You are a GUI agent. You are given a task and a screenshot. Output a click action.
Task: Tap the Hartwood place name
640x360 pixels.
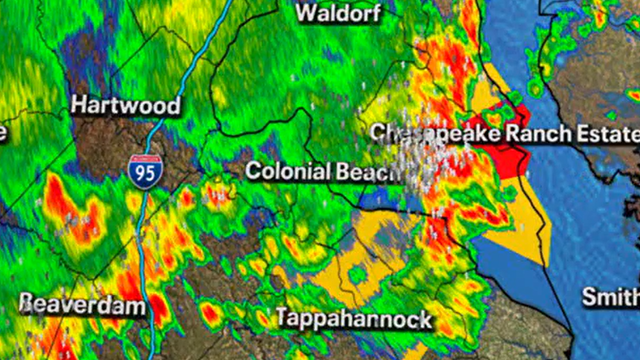coord(125,105)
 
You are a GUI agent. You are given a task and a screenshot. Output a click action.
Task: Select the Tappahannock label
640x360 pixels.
coord(353,320)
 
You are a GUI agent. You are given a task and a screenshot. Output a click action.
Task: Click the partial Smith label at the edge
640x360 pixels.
coord(610,297)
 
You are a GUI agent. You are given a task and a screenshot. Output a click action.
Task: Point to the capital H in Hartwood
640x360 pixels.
coord(78,105)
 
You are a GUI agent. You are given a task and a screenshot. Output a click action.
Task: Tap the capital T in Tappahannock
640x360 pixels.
coord(280,320)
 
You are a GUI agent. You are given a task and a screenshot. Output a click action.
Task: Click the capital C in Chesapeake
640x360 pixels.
coord(378,133)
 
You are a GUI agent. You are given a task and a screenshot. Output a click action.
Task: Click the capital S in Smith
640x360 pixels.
coord(591,297)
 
